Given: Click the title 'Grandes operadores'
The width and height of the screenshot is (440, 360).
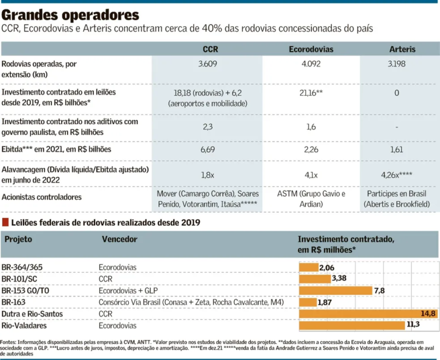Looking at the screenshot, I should click(70, 14).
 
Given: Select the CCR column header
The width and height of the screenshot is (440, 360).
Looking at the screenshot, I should click(210, 49).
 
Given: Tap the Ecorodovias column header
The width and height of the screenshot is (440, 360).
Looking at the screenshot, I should click(311, 49).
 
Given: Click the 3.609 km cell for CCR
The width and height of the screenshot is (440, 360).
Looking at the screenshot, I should click(207, 64).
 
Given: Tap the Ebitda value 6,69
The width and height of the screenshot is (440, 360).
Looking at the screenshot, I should click(207, 150).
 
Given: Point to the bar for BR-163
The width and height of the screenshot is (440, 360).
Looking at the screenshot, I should click(308, 302).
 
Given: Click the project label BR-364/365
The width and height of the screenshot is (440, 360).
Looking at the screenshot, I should click(22, 267).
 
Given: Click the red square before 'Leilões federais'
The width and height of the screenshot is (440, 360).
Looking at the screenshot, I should click(5, 221).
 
